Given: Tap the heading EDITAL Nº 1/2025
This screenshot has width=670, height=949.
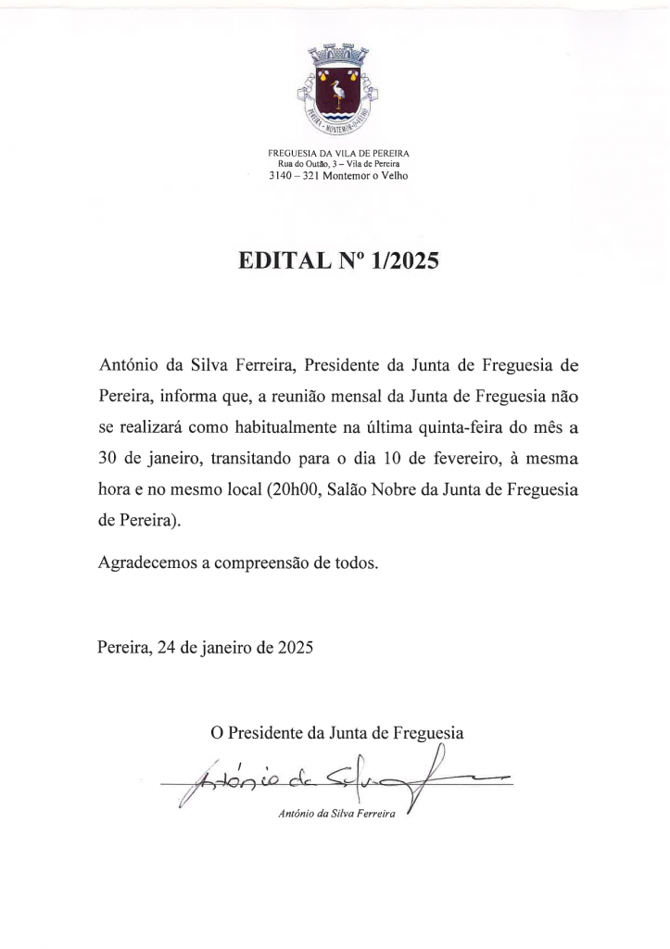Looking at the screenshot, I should [337, 261].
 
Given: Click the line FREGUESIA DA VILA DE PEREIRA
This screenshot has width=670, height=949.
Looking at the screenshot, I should [338, 152].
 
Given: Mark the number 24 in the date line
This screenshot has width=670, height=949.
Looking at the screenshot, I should [167, 648].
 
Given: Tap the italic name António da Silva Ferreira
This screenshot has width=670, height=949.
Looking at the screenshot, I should [336, 815].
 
